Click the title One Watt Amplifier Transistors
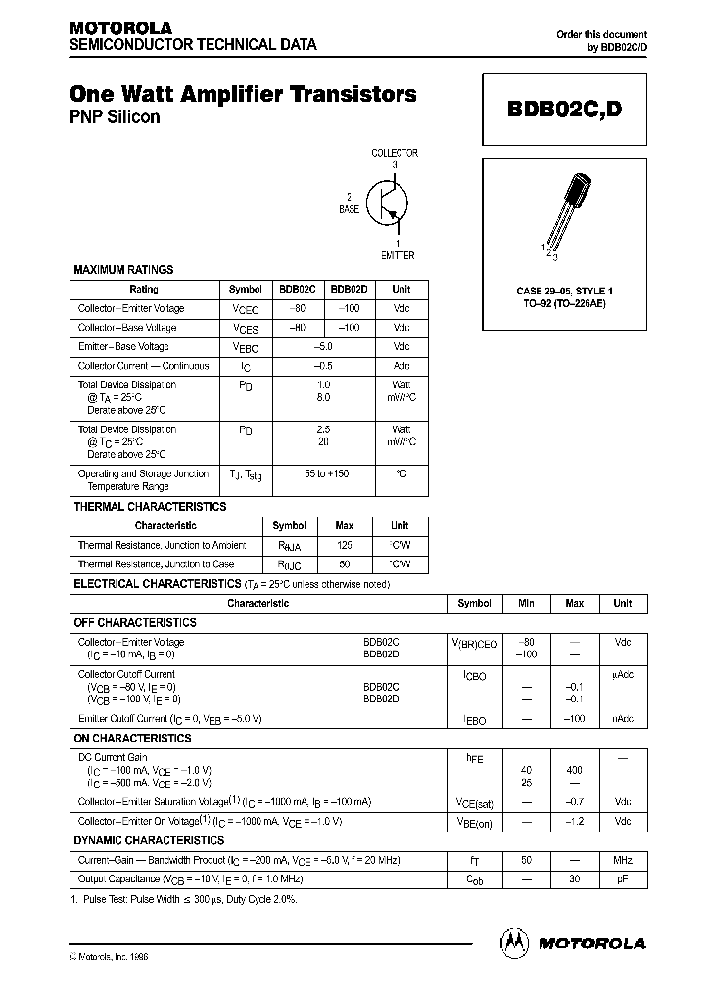tap(243, 94)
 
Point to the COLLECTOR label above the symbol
tap(394, 153)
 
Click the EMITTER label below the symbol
tap(397, 255)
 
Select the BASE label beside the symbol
tap(349, 209)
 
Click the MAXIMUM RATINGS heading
tap(123, 269)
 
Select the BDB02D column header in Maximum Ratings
tap(349, 290)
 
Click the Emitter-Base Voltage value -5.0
tap(323, 347)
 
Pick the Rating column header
tap(144, 290)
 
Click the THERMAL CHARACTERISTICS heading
tap(150, 507)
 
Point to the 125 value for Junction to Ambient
tap(344, 545)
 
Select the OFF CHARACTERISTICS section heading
tap(135, 622)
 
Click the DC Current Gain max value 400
tap(574, 770)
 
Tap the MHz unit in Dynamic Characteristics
tap(623, 860)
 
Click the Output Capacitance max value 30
tap(574, 879)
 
